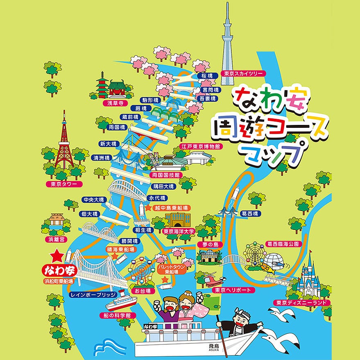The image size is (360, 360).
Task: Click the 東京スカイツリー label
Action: [243, 74]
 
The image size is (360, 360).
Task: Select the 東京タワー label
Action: [64, 184]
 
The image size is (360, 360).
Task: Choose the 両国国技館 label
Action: [165, 175]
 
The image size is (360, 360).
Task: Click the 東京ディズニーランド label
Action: [302, 303]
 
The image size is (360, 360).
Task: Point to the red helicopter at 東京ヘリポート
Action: [214, 280]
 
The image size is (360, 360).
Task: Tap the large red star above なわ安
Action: [57, 256]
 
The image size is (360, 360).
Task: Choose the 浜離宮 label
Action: [54, 238]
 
